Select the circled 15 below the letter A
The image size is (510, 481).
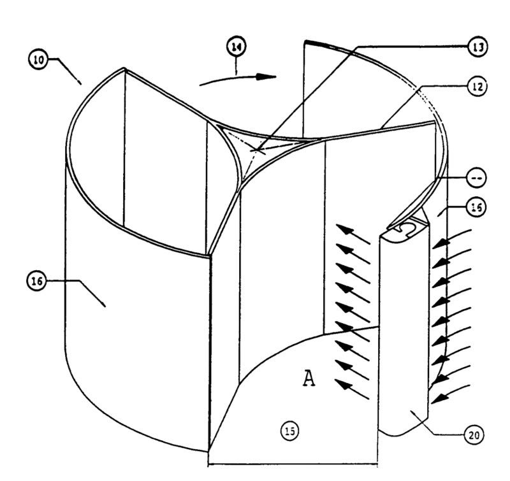290,432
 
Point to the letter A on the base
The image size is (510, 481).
309,379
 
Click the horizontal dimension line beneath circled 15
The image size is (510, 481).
293,454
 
